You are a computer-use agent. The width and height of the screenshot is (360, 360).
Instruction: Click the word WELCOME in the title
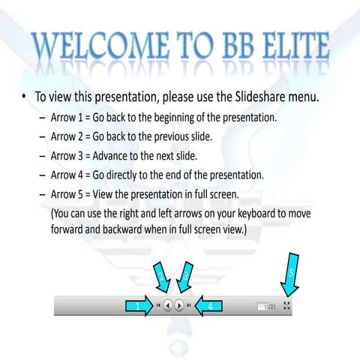[x=100, y=46]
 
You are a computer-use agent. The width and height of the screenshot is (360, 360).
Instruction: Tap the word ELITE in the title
[x=296, y=46]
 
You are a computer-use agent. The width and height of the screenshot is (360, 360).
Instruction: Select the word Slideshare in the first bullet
[x=260, y=97]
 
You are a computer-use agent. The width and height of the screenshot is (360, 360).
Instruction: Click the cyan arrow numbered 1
[x=139, y=305]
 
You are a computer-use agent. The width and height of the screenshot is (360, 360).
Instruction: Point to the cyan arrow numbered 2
[x=162, y=277]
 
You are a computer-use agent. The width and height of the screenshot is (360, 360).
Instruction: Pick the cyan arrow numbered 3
[x=184, y=277]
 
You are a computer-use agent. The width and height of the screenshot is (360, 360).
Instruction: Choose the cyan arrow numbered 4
[x=208, y=305]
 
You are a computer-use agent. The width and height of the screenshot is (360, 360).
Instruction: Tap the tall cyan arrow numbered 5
[x=290, y=274]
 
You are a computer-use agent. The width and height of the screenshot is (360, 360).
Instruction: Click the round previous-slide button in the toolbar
[x=168, y=305]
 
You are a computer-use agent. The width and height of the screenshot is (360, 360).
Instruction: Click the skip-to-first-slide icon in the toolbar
[x=158, y=305]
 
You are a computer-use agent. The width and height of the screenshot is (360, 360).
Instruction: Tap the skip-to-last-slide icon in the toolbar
[x=189, y=305]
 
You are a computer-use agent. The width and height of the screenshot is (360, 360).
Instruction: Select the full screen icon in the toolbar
[x=286, y=305]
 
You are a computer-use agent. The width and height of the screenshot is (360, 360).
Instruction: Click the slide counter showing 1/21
[x=266, y=307]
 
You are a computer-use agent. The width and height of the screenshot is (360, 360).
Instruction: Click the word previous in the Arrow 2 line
[x=171, y=137]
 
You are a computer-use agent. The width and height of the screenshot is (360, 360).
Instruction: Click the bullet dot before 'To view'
[x=24, y=97]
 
